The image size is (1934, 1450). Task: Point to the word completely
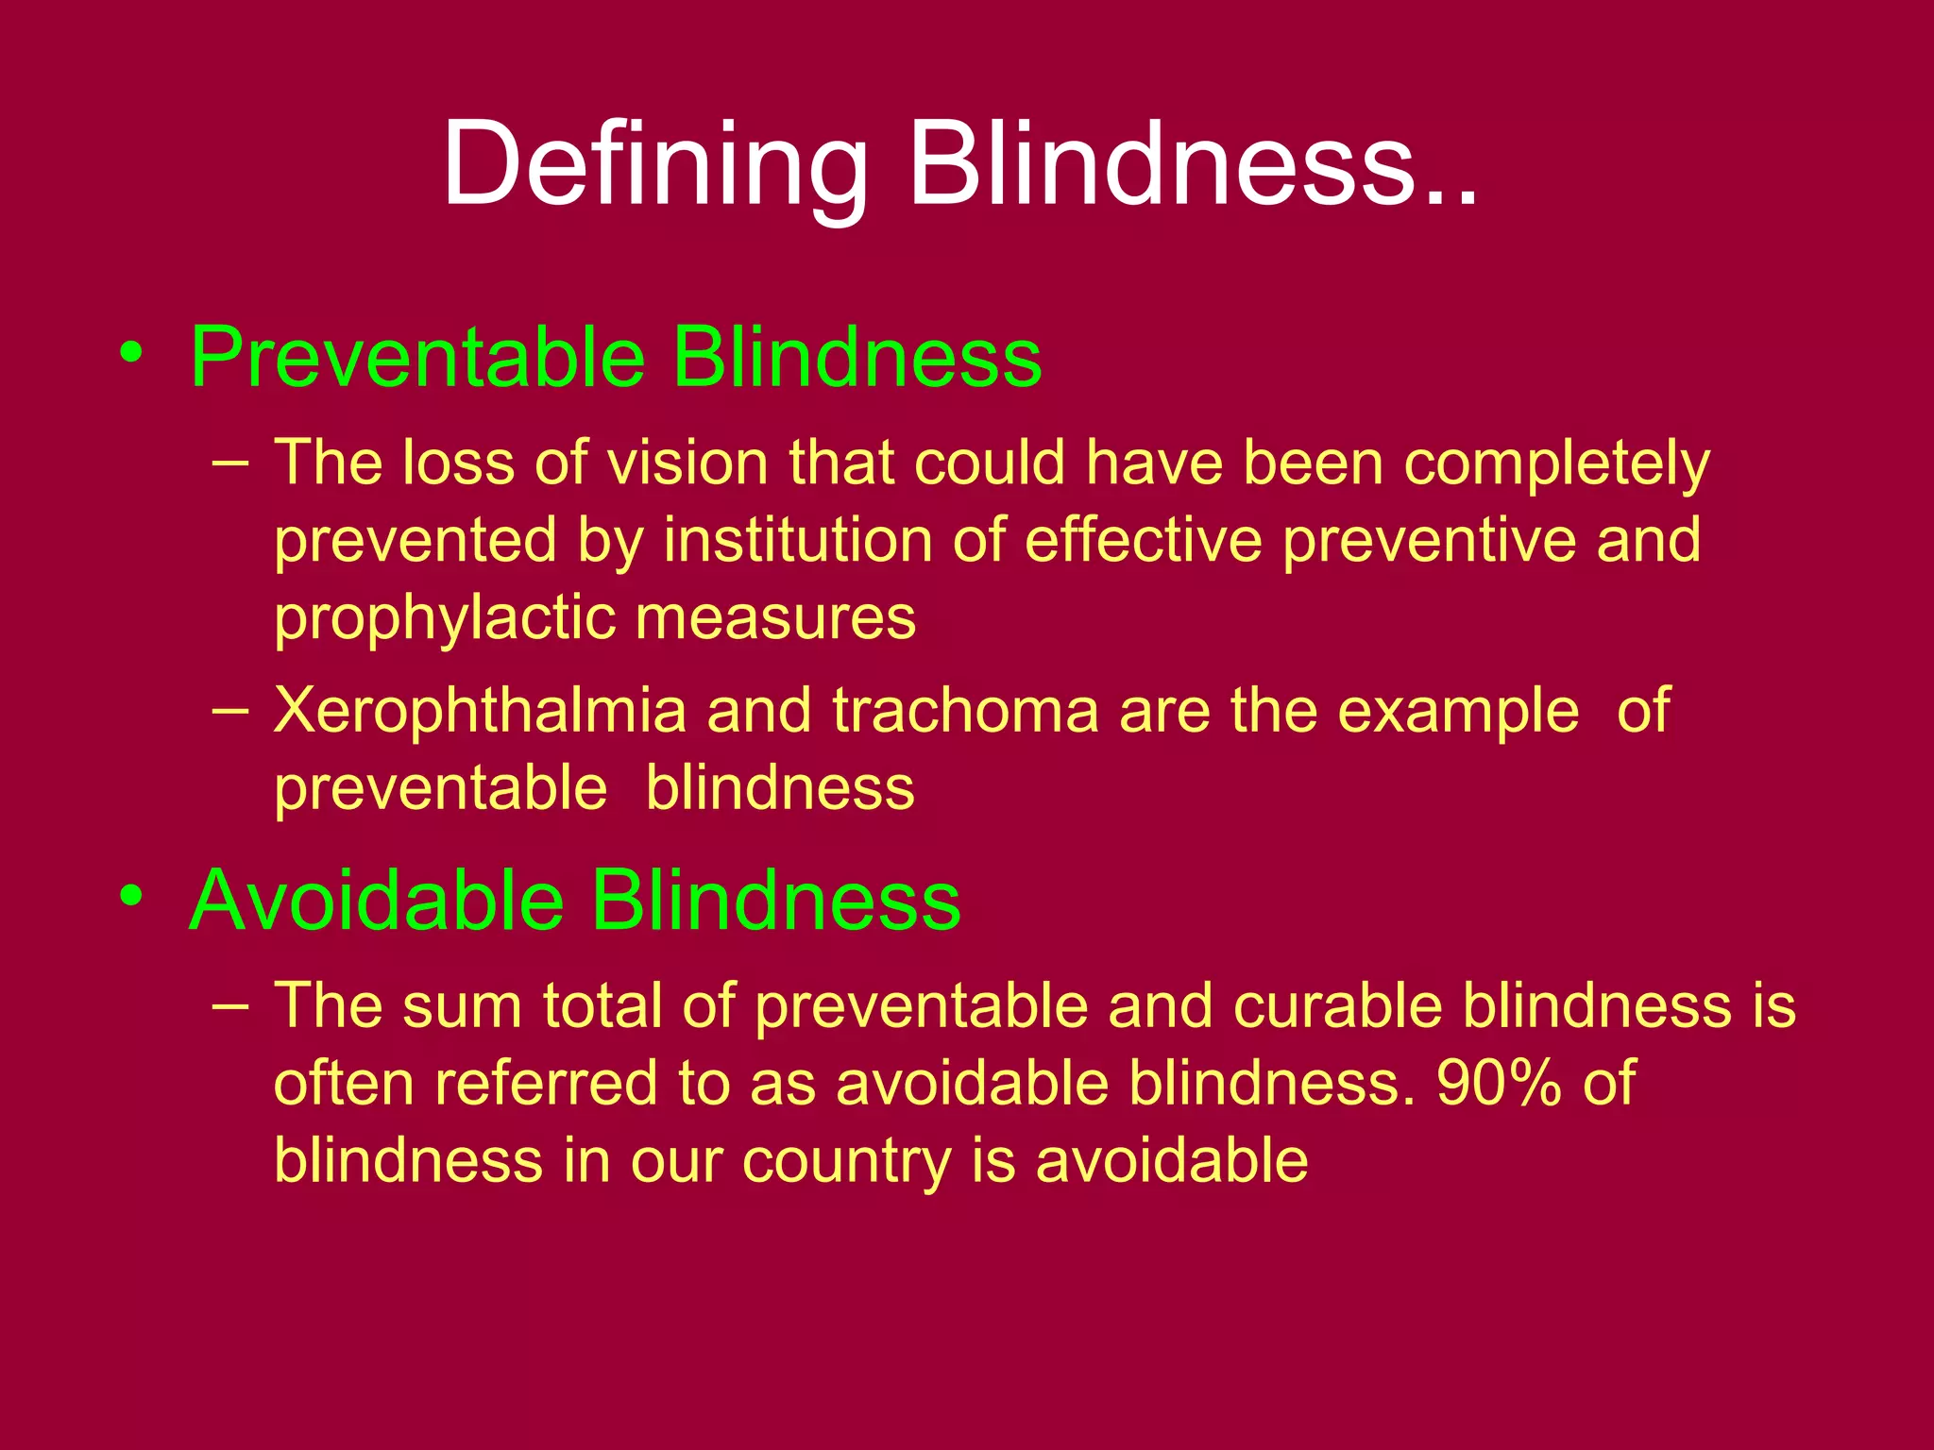click(x=1557, y=464)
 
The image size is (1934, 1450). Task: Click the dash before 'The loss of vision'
click(x=231, y=463)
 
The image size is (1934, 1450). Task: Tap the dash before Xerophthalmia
click(x=231, y=710)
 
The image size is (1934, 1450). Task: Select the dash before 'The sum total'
click(x=231, y=1004)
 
